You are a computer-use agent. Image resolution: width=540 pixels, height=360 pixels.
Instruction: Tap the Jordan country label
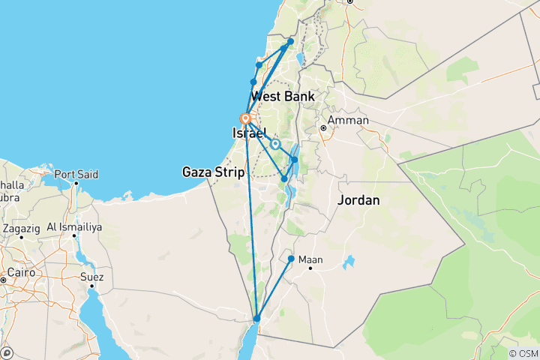358,200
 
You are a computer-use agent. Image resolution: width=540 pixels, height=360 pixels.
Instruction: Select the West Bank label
283,96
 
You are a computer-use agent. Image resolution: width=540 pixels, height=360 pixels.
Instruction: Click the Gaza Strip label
214,172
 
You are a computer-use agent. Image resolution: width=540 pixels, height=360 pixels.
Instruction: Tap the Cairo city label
16,272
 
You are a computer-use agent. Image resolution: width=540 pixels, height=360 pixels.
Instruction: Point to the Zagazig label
22,226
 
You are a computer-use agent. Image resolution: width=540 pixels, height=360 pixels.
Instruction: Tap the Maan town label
310,260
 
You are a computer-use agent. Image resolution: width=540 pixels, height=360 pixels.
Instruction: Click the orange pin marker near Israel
245,118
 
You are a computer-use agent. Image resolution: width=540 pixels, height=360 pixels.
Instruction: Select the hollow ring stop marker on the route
275,144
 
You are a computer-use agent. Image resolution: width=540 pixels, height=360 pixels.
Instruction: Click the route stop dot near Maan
291,259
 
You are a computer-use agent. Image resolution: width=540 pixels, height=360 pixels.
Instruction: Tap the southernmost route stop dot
256,319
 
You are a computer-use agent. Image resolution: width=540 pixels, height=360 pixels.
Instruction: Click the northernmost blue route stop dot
291,41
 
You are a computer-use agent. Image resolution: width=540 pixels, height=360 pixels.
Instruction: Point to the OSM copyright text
523,353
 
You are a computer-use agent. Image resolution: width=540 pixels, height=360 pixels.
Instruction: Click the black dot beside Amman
323,127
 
